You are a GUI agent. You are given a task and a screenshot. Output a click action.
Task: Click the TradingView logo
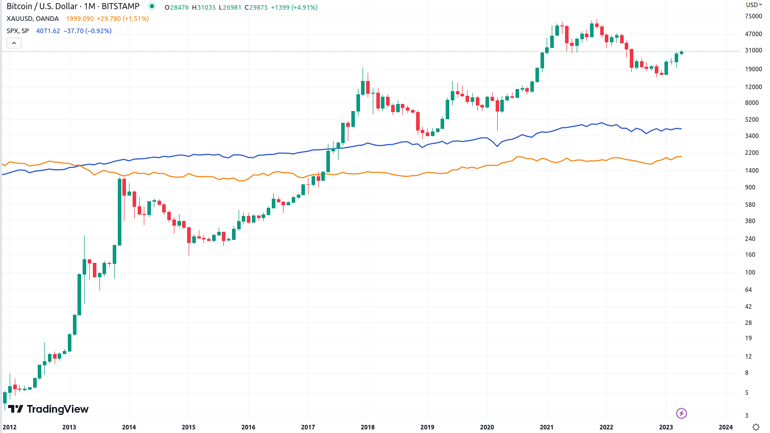48,409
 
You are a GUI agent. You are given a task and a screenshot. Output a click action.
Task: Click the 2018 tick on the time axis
368,427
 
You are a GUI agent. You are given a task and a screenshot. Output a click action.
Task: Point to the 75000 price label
753,16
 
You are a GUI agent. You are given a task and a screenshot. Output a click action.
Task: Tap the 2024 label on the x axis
726,427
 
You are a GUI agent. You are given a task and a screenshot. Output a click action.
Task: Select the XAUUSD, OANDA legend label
33,19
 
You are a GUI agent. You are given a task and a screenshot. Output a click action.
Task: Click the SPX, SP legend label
18,31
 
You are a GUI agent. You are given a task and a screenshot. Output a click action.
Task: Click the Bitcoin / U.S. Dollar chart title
73,7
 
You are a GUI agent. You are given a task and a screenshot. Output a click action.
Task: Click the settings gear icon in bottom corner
756,427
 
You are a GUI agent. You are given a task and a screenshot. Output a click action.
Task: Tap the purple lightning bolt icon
681,413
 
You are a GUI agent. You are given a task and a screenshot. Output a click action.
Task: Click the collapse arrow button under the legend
14,43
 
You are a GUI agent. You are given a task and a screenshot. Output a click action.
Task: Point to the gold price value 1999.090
80,19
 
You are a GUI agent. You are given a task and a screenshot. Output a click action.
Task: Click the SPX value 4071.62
48,31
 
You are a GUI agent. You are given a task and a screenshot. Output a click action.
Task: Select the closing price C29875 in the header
256,8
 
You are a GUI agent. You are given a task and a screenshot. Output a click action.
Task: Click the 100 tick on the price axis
750,273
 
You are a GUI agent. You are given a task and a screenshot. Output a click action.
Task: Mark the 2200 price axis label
752,153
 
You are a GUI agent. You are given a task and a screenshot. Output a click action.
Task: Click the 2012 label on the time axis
10,427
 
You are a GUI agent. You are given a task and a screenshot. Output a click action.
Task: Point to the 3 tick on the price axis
747,416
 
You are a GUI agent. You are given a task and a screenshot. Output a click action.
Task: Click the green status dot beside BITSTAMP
151,7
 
